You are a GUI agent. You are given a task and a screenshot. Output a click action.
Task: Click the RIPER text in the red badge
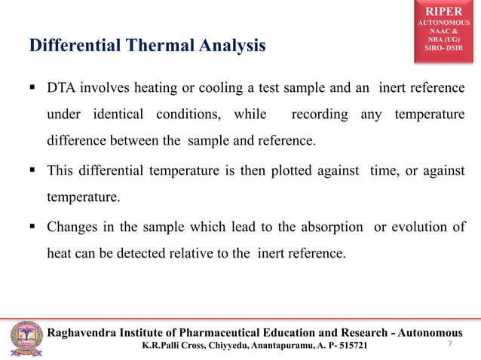442,11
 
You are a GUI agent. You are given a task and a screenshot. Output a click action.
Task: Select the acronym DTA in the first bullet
63,89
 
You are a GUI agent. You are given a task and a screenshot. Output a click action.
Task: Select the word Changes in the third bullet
73,227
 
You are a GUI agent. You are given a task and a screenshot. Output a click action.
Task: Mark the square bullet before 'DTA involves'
34,89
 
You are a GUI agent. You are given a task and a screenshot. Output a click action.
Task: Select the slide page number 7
449,344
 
